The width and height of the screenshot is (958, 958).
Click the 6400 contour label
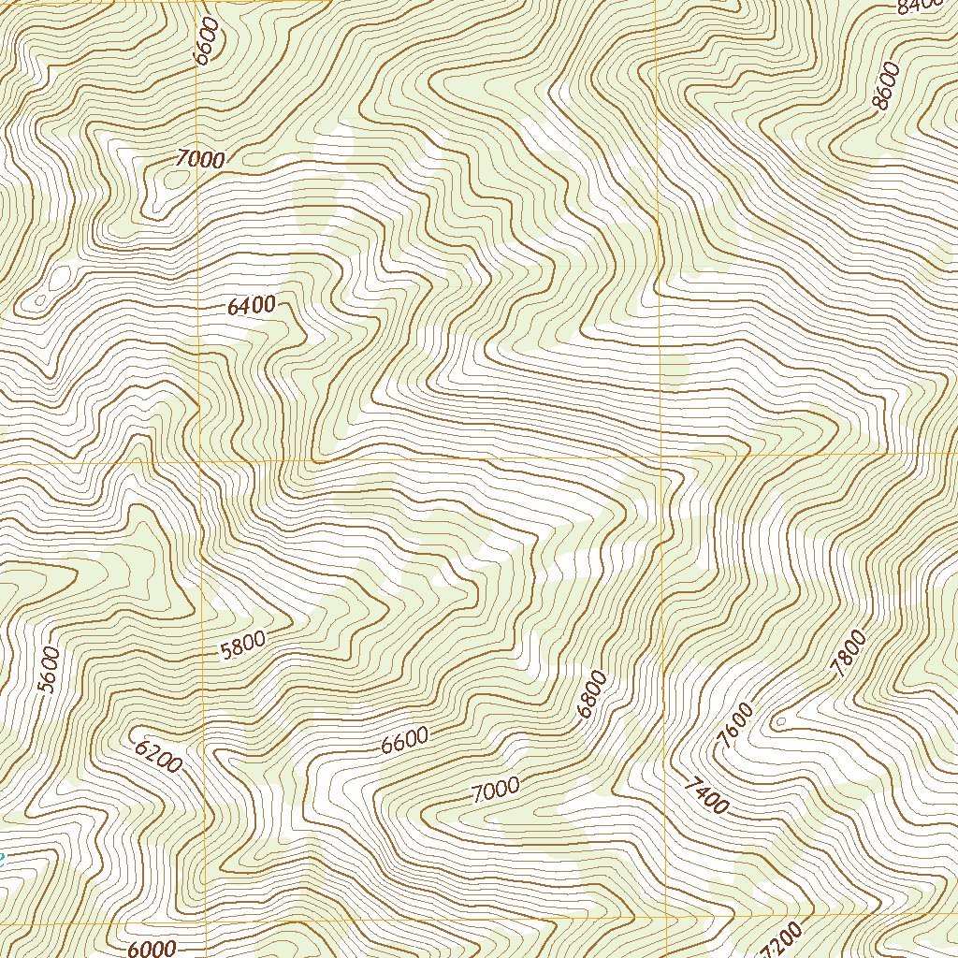[251, 305]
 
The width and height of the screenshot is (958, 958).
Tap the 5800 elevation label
[243, 646]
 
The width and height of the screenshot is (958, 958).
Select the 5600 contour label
[49, 670]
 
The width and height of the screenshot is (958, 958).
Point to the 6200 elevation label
[157, 756]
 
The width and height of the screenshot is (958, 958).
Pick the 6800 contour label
[591, 694]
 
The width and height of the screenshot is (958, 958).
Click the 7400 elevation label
[705, 795]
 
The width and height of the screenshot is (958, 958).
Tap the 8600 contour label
[884, 86]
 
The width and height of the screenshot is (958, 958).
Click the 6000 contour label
[152, 949]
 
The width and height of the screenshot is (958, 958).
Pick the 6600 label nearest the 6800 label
[404, 741]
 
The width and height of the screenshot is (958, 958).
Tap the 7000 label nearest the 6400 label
[200, 160]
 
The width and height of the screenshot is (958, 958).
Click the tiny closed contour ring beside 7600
[779, 722]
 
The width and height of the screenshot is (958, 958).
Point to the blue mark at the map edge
[2, 857]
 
